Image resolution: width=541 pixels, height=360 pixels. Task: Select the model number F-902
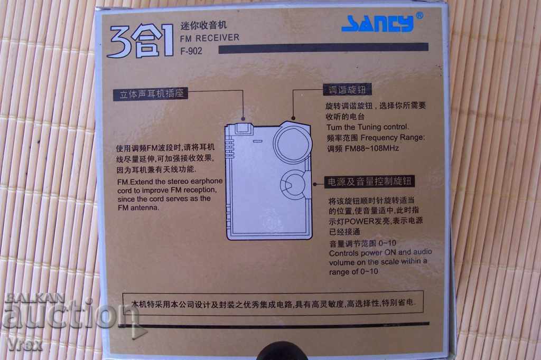pos(191,51)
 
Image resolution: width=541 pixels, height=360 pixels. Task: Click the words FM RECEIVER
pos(209,38)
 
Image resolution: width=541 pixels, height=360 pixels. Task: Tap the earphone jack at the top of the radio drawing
pos(243,127)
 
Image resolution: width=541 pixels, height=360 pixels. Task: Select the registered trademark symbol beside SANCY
pos(419,15)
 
